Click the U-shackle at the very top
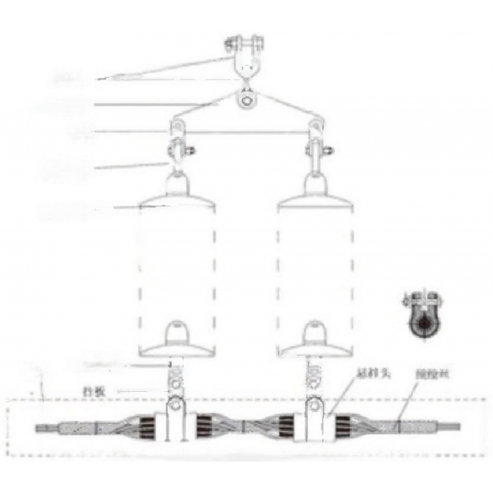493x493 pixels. [x=245, y=48]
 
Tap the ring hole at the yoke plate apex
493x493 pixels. [x=246, y=100]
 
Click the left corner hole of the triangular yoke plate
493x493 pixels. [x=175, y=126]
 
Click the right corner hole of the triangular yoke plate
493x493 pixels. [x=316, y=126]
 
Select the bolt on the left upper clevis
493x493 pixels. [x=190, y=151]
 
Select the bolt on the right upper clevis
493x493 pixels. [x=328, y=151]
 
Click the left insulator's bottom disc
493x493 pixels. [x=177, y=345]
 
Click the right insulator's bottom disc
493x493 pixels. [x=316, y=345]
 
